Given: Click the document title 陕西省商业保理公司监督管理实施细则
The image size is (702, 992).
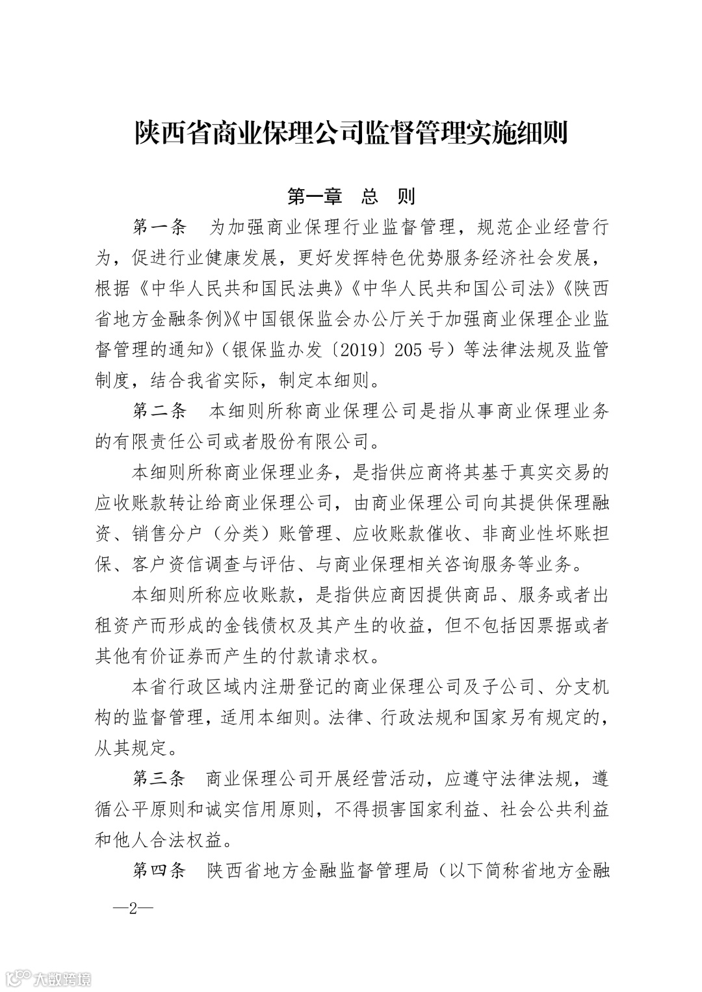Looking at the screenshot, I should click(x=351, y=133).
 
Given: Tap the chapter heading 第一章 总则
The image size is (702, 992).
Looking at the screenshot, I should click(x=351, y=196).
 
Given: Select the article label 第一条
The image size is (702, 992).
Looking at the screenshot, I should click(x=160, y=227).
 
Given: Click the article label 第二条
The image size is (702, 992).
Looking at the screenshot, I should click(x=160, y=411).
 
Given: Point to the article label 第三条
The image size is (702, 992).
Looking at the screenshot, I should click(x=160, y=778).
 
